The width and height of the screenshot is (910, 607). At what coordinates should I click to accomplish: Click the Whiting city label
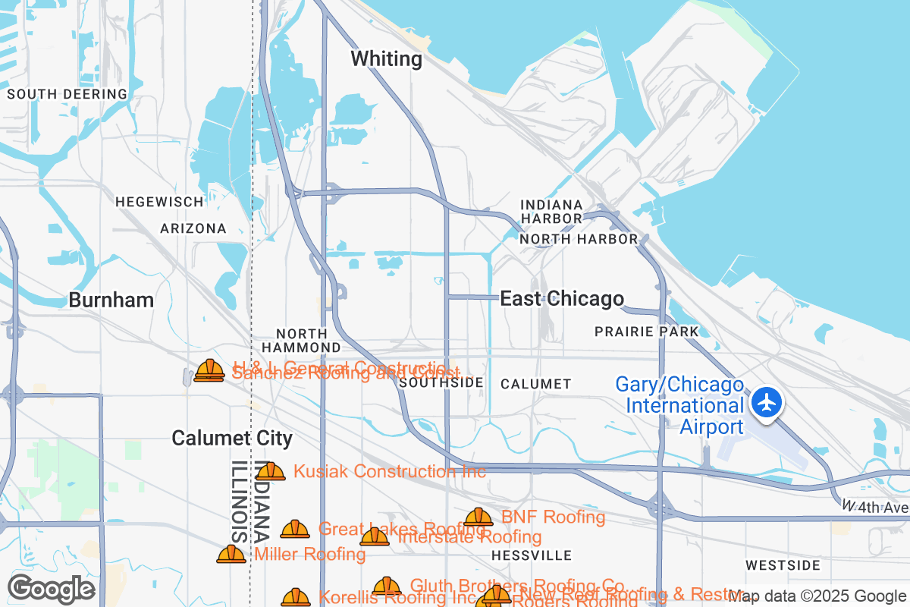(387, 59)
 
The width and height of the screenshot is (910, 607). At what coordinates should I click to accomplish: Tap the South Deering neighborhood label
(67, 94)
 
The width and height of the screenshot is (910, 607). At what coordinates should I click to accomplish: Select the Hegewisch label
(159, 202)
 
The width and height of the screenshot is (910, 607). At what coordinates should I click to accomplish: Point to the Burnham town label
(111, 300)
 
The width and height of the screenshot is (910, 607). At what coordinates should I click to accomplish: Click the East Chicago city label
(562, 299)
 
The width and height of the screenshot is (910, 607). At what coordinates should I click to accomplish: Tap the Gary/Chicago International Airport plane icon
(768, 401)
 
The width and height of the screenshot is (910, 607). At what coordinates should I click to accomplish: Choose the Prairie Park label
(647, 332)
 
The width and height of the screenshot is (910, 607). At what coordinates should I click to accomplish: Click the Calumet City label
(232, 438)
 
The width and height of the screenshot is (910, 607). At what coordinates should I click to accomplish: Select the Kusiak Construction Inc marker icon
(271, 472)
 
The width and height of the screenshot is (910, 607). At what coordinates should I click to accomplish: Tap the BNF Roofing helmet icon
(479, 517)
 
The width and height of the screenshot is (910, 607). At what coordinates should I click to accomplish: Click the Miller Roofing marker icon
(231, 554)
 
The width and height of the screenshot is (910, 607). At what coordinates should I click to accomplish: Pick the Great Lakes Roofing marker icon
(295, 529)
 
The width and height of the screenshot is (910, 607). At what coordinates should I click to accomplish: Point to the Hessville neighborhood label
(532, 555)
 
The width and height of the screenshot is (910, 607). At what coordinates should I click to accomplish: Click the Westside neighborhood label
(783, 565)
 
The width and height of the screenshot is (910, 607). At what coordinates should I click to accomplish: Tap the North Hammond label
(302, 340)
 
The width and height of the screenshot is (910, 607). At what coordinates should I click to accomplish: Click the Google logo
(52, 589)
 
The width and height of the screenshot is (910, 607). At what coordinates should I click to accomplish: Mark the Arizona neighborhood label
(193, 228)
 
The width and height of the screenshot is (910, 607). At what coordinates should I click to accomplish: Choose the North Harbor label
(579, 239)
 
